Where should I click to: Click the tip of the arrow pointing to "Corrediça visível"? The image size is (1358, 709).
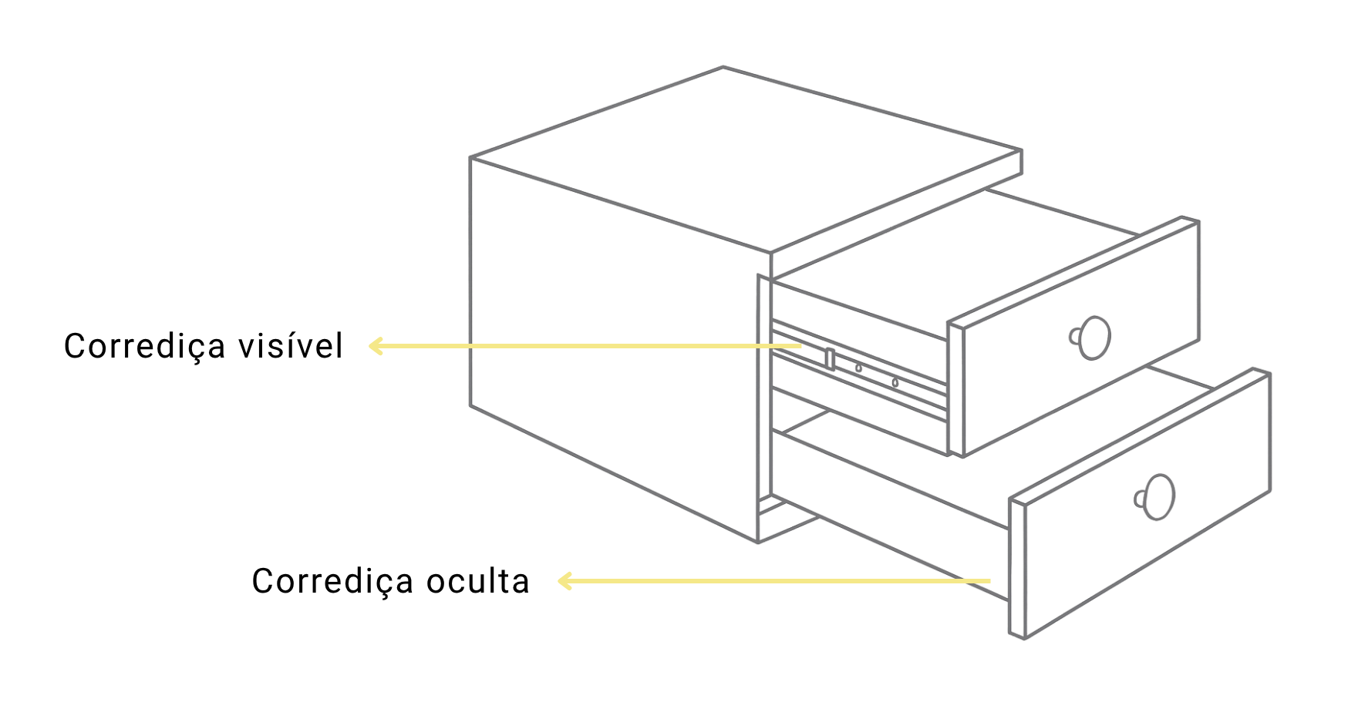[x=370, y=346]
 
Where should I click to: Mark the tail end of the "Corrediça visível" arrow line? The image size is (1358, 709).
[x=802, y=346]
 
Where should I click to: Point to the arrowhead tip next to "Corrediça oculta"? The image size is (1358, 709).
[x=559, y=580]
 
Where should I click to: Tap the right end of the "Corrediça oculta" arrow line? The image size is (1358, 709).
[x=990, y=580]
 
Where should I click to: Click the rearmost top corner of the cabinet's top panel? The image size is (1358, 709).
[x=723, y=67]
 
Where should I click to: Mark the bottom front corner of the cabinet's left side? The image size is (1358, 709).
[x=758, y=543]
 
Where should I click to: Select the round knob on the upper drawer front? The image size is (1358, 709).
[x=1090, y=338]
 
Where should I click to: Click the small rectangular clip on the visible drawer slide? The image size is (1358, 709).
[x=830, y=358]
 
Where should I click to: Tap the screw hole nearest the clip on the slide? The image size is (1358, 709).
[x=858, y=368]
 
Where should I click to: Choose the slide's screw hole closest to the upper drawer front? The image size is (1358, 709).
[x=895, y=382]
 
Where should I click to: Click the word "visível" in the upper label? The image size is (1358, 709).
[x=291, y=346]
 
